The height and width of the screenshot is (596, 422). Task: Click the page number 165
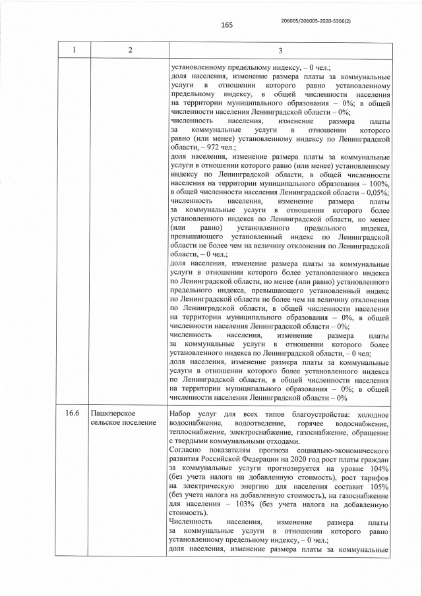click(x=227, y=26)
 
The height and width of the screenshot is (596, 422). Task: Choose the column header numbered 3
click(x=280, y=51)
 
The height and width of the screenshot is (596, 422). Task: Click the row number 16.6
click(x=73, y=414)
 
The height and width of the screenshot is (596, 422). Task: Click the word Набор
click(x=182, y=414)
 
